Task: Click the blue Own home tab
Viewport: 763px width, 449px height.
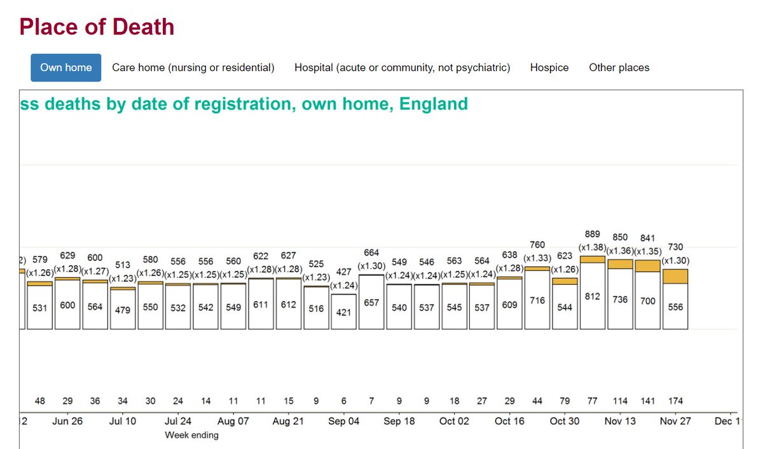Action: [65, 67]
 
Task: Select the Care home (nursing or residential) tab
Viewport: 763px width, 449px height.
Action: [193, 67]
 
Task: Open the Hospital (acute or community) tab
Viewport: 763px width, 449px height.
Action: [402, 67]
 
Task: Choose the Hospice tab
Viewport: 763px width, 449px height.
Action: [549, 67]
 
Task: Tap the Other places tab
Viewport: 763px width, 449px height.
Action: [619, 67]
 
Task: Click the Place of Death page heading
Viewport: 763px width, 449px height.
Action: [97, 27]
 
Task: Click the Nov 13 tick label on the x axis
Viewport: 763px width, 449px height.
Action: [620, 421]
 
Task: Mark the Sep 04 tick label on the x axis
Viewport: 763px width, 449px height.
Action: [343, 421]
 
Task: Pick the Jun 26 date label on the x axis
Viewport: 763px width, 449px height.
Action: [67, 421]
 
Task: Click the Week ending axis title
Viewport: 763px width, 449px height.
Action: [191, 435]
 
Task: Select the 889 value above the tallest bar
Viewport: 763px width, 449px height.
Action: [593, 234]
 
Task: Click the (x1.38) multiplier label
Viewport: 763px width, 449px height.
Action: [592, 246]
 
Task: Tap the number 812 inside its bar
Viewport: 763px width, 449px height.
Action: [593, 296]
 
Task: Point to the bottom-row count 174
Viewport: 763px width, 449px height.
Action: [675, 401]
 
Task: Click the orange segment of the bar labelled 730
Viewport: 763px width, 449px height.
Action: [675, 276]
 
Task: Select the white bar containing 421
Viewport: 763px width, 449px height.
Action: [344, 311]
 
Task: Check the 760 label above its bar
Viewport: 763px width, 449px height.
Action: [537, 245]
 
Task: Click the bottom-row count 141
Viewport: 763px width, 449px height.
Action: [647, 401]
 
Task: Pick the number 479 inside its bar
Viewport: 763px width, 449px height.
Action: [123, 310]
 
